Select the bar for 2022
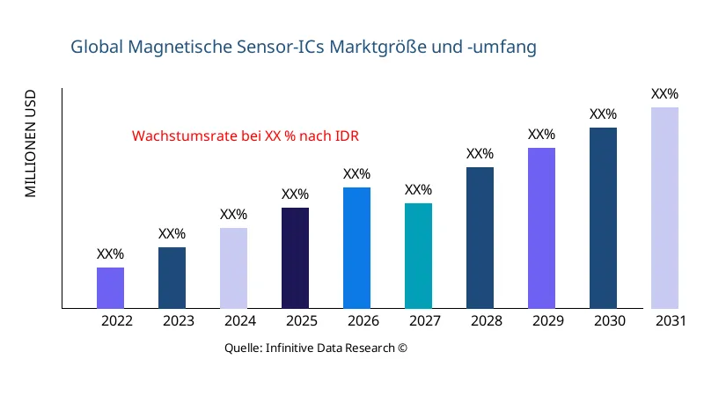point(110,288)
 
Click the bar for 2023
point(172,278)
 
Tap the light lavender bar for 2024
point(233,268)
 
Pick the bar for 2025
point(295,258)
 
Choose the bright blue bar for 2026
point(356,248)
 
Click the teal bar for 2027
point(418,256)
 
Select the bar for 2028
point(480,238)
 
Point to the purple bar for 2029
point(541,228)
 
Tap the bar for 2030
point(603,218)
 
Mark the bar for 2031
point(664,208)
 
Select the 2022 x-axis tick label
point(117,321)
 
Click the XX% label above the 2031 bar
point(664,94)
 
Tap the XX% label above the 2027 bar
point(418,190)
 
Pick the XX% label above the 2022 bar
point(110,254)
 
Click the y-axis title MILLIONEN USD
point(31,143)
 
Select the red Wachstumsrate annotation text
point(246,136)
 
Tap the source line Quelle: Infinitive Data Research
point(316,348)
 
